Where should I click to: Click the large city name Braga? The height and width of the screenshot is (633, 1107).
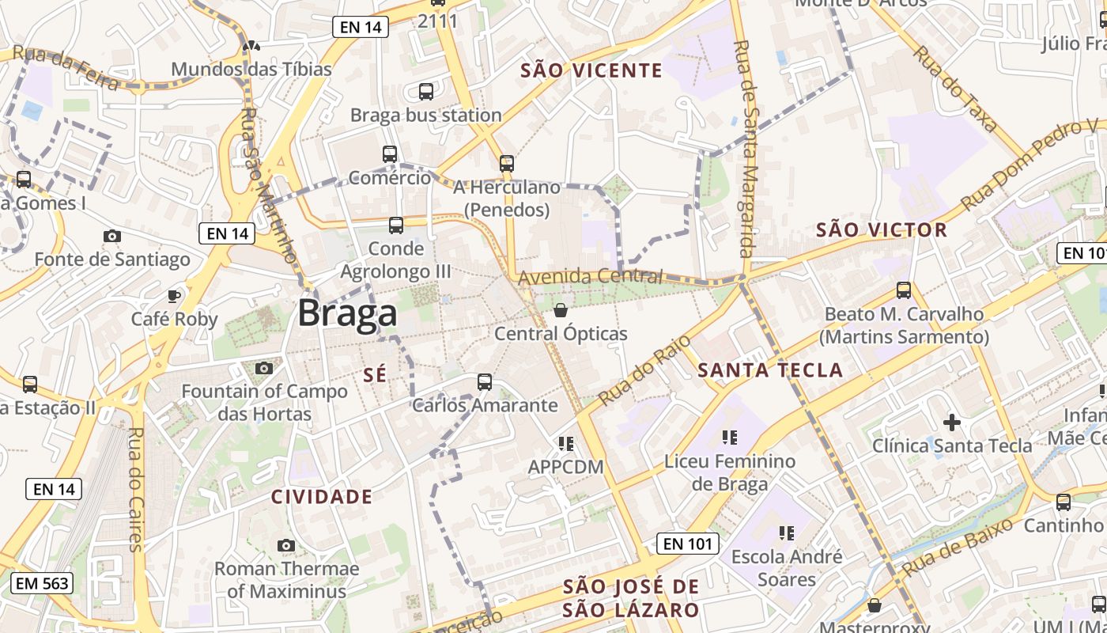click(x=347, y=313)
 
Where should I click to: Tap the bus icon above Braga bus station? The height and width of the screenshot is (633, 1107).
click(x=426, y=92)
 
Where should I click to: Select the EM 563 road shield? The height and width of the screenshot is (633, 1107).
click(x=43, y=584)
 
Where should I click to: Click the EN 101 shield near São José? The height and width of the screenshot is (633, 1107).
click(x=688, y=544)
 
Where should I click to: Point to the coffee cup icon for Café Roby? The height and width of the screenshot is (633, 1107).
click(x=174, y=296)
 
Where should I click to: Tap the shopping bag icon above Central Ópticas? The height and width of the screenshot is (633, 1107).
click(x=561, y=310)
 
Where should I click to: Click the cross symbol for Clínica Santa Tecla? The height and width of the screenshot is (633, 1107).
click(x=952, y=422)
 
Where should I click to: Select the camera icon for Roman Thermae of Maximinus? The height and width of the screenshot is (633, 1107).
click(x=286, y=545)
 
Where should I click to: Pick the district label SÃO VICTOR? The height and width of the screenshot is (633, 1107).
click(x=881, y=230)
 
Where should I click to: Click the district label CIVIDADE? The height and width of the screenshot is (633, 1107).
click(x=321, y=497)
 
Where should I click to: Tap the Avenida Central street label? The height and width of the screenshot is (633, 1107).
click(x=590, y=276)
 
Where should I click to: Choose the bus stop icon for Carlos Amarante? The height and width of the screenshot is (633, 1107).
click(x=485, y=382)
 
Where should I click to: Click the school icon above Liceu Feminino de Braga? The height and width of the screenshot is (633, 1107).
click(x=730, y=437)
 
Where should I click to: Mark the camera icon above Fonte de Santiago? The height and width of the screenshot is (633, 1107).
click(x=112, y=236)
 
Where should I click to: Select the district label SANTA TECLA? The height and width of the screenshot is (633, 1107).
click(x=770, y=370)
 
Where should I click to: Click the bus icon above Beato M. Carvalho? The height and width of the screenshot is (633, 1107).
click(x=904, y=290)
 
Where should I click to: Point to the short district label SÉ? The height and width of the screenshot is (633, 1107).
click(x=376, y=375)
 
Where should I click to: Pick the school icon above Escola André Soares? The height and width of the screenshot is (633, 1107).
click(x=786, y=533)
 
